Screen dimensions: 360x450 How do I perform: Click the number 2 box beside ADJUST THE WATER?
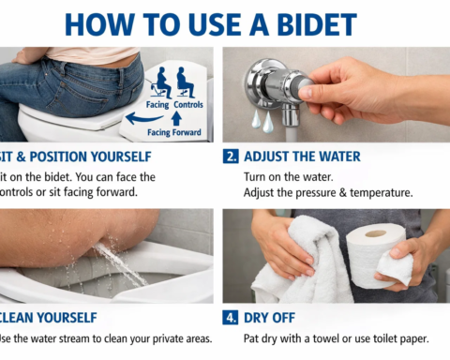click(231, 157)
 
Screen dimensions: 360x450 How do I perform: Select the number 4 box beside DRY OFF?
click(231, 319)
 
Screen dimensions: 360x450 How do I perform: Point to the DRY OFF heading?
click(272, 319)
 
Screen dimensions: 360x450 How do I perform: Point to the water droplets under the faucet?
click(259, 122)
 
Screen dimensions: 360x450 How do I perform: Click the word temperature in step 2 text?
click(382, 192)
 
